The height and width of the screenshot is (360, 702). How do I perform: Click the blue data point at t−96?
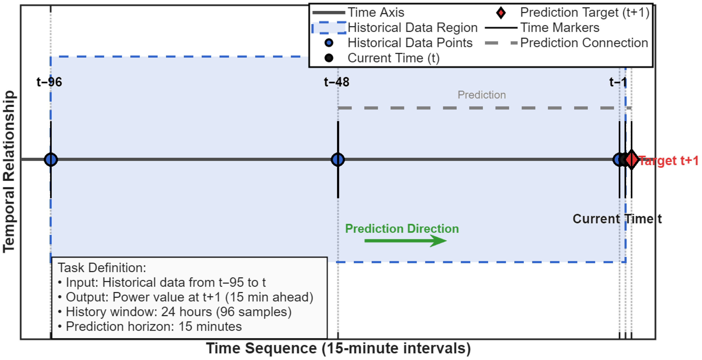coord(51,159)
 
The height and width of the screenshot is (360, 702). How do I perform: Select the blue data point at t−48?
coord(338,159)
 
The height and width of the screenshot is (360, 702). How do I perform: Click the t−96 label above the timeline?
coord(49,82)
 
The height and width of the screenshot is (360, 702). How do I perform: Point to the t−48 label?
coord(337,82)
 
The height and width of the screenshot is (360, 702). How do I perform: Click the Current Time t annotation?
coord(617,219)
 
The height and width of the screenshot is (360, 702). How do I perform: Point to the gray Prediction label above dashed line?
coord(481,95)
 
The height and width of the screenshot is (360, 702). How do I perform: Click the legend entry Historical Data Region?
coord(412,28)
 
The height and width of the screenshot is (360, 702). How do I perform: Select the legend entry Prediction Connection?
coord(584,43)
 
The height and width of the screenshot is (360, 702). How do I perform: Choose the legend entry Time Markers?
coord(560,28)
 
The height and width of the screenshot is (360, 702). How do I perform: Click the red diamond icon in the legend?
coord(501,13)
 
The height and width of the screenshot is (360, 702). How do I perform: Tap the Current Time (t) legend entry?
coord(394,58)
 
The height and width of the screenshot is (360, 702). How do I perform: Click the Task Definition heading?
coord(102,268)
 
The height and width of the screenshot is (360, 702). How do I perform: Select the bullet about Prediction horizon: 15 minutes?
coord(153,326)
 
